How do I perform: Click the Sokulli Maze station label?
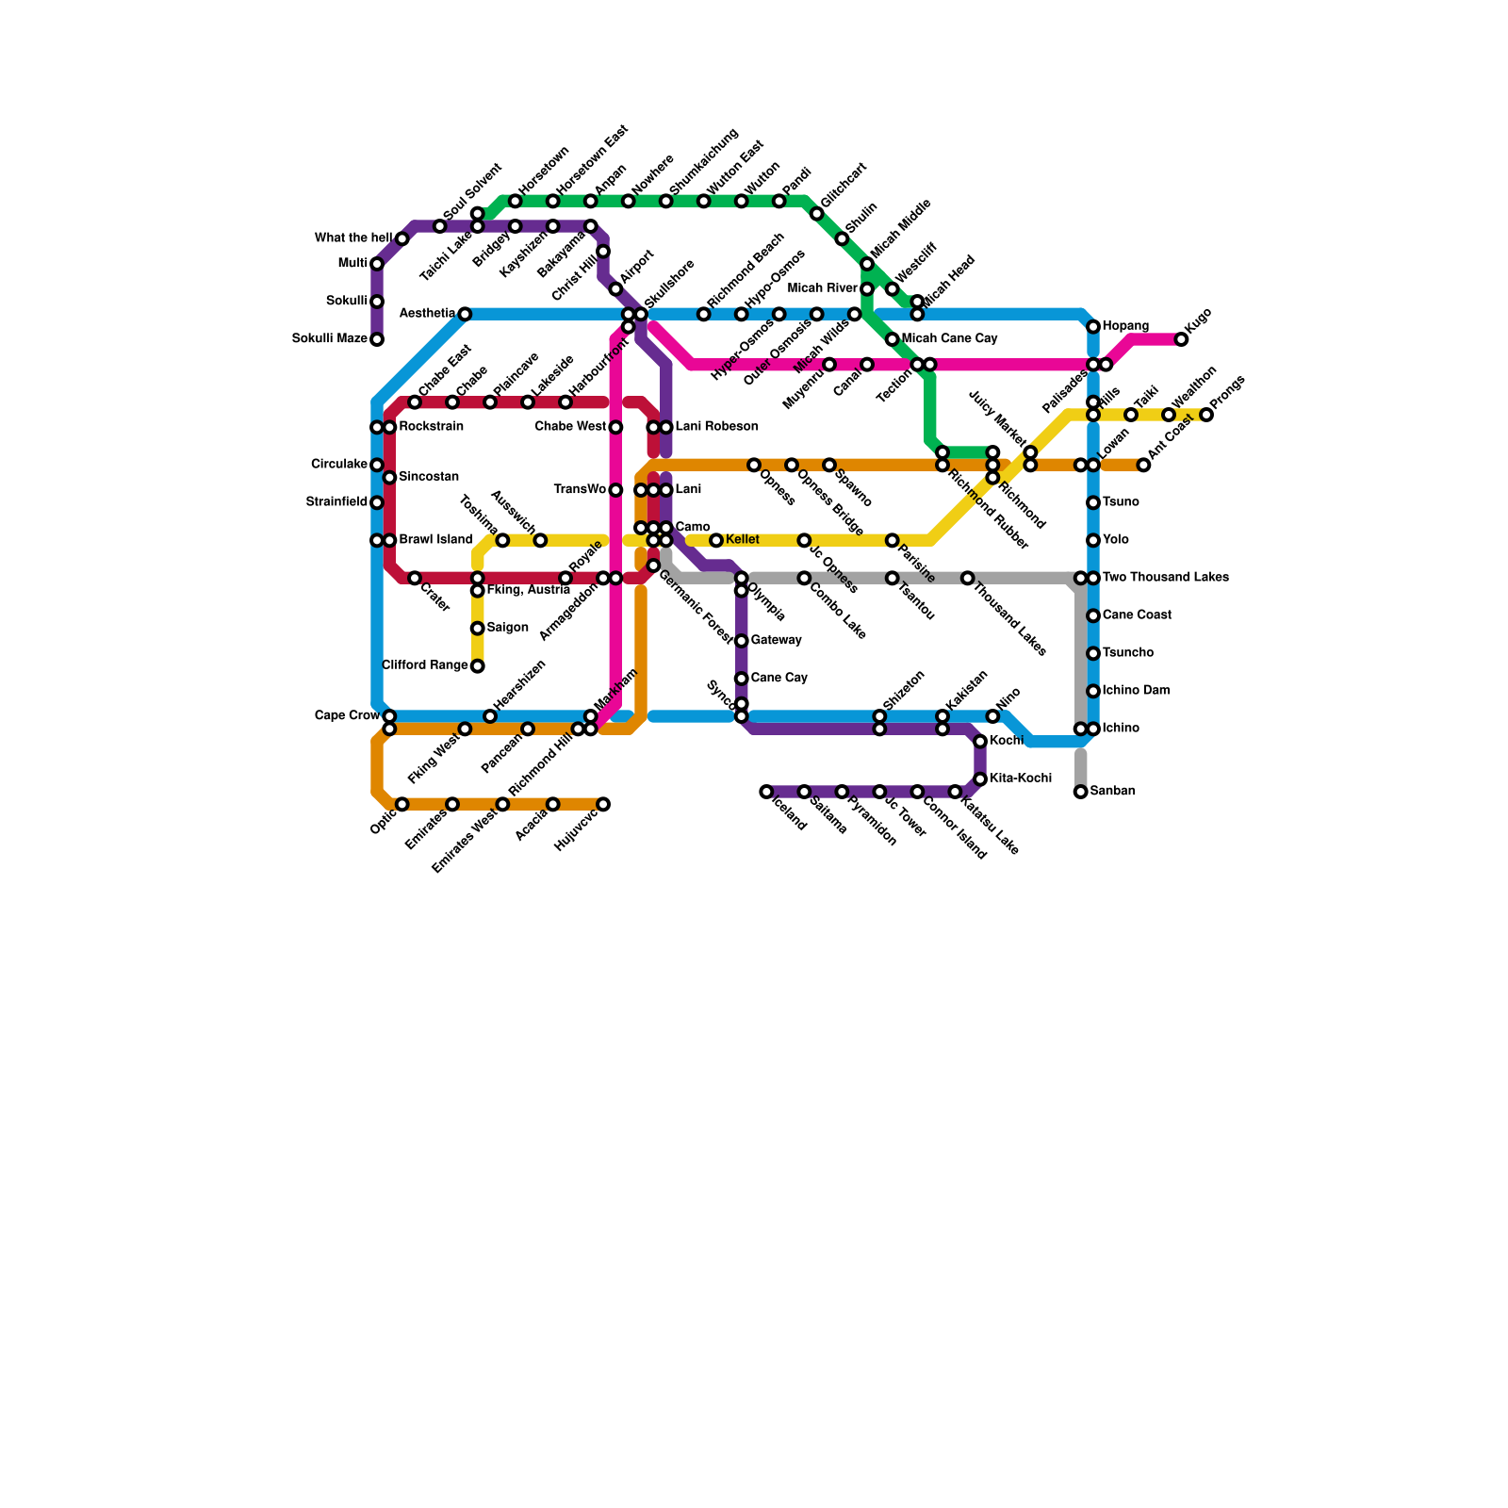[329, 339]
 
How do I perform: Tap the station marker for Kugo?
[1181, 339]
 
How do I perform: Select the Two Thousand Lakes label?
[1165, 578]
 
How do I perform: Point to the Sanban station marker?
[1081, 792]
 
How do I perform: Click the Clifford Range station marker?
[478, 666]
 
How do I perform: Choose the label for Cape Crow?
[347, 716]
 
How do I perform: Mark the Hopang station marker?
[1093, 327]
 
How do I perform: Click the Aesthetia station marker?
[465, 314]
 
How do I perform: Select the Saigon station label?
[507, 629]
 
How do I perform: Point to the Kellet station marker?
[716, 540]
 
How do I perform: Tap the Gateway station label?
[776, 641]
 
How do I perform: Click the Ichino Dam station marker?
[1093, 691]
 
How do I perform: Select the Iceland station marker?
[766, 792]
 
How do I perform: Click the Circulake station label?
[339, 465]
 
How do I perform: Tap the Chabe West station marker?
[615, 427]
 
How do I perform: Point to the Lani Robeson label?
[716, 427]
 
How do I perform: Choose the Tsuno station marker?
[1093, 502]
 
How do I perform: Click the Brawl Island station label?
[434, 540]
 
